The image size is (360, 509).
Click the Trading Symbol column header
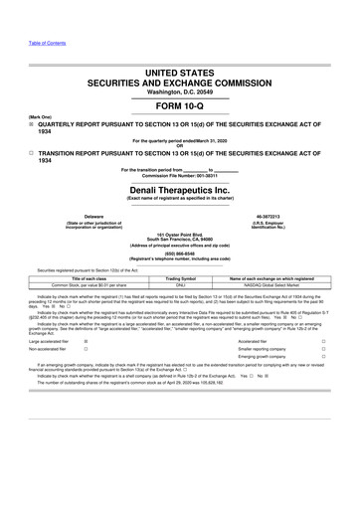(x=180, y=278)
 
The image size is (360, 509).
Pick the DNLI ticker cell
(x=180, y=285)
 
